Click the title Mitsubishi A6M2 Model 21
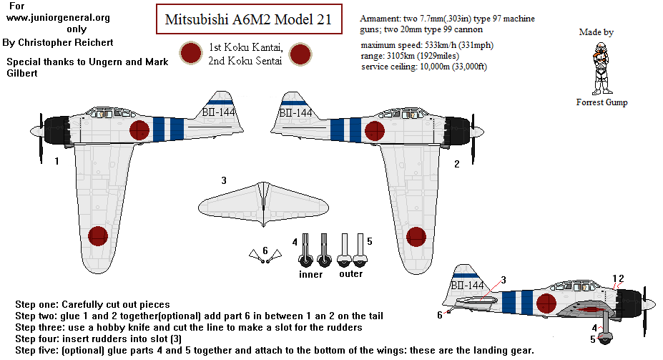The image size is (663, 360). [248, 20]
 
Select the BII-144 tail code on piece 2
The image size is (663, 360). [295, 112]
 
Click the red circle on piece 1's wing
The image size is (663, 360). [97, 235]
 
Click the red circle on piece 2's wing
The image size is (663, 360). [416, 235]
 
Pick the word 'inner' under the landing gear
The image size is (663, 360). [310, 274]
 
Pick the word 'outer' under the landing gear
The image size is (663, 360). [350, 273]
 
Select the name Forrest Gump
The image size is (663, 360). [601, 102]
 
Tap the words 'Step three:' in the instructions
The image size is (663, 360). [42, 327]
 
